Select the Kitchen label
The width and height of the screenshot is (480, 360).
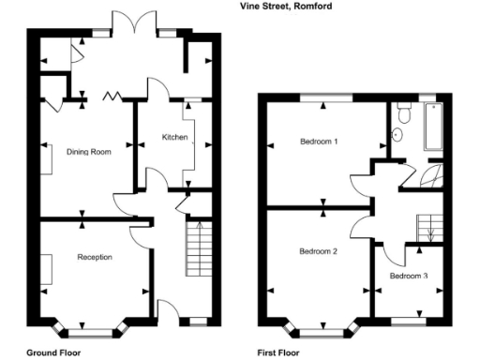pyautogui.click(x=175, y=138)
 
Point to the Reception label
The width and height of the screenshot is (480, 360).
pyautogui.click(x=95, y=256)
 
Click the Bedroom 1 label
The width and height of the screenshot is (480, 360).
pyautogui.click(x=318, y=142)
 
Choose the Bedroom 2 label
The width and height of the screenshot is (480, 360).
pyautogui.click(x=318, y=251)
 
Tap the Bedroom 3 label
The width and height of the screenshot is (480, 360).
pyautogui.click(x=409, y=276)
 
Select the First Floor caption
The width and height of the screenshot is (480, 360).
pyautogui.click(x=278, y=353)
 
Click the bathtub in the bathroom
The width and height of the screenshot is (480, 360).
pyautogui.click(x=435, y=126)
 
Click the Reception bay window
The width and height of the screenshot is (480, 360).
pyautogui.click(x=91, y=330)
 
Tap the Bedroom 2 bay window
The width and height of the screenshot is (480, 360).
pyautogui.click(x=323, y=330)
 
